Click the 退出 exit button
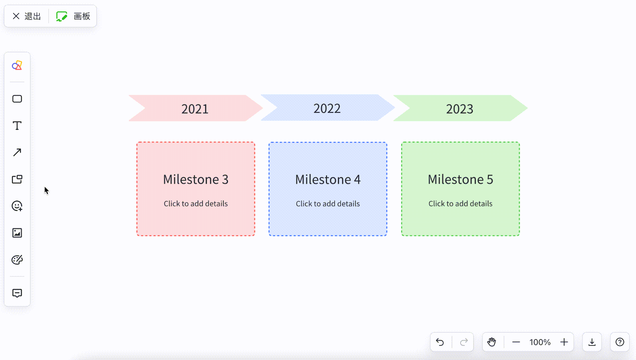click(27, 16)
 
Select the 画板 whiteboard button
click(73, 16)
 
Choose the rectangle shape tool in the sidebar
click(17, 99)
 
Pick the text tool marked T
click(17, 126)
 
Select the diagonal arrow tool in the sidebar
click(17, 152)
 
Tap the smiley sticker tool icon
click(17, 206)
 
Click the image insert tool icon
click(17, 233)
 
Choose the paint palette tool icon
click(17, 260)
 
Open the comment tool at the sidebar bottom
click(17, 293)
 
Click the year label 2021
click(195, 109)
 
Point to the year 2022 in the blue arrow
click(327, 108)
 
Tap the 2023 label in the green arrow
click(460, 109)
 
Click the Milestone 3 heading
click(196, 179)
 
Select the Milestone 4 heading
click(328, 179)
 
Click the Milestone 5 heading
click(461, 179)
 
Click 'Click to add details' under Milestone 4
click(328, 204)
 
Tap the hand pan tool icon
click(492, 342)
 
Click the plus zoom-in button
click(564, 342)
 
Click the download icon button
click(592, 342)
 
